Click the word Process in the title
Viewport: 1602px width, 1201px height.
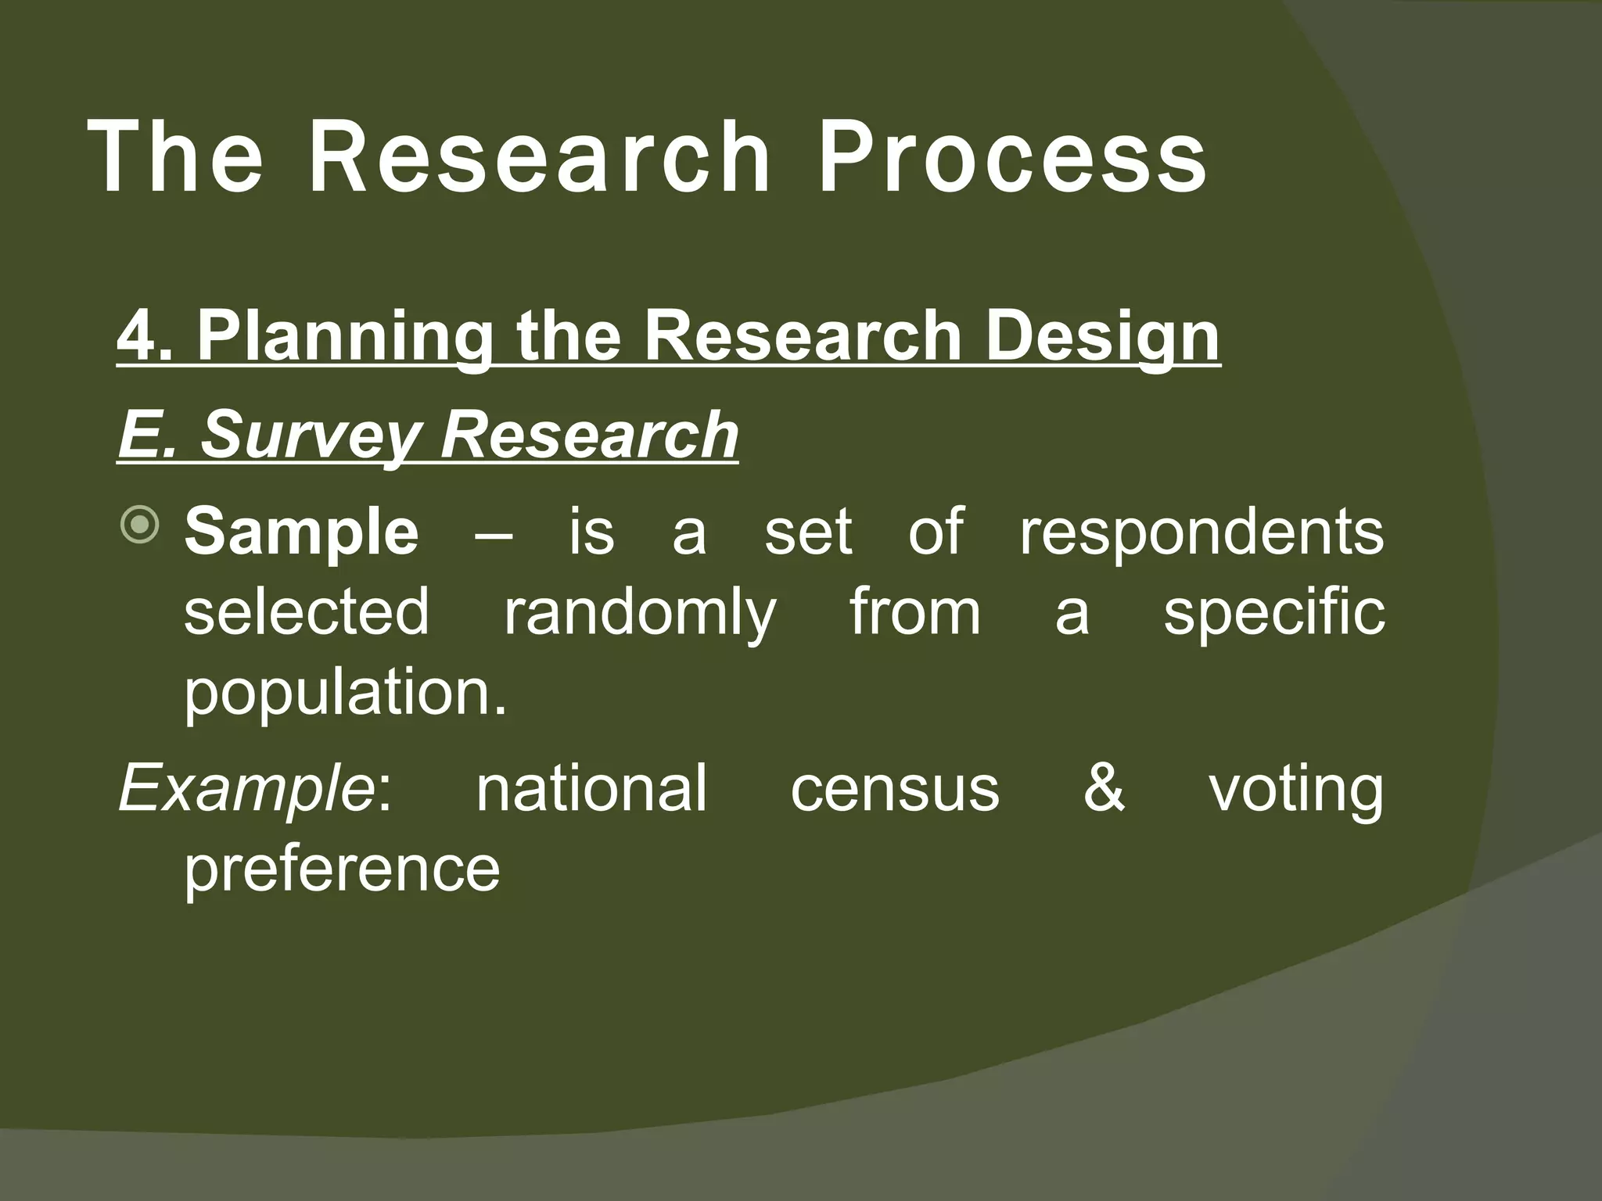(x=1012, y=156)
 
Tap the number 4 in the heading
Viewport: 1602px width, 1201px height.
(x=135, y=336)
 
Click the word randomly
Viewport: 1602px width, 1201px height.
(x=639, y=614)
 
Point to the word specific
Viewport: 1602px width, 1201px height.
(x=1273, y=614)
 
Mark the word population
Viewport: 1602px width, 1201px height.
(x=345, y=696)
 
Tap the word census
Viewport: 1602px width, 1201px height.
(x=895, y=790)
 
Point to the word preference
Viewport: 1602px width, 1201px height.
(x=342, y=869)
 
